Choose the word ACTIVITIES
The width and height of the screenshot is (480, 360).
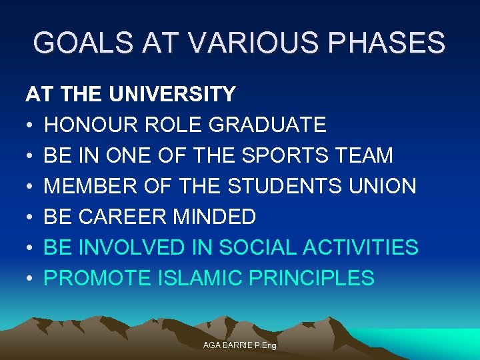361,247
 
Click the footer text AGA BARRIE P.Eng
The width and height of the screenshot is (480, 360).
239,346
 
